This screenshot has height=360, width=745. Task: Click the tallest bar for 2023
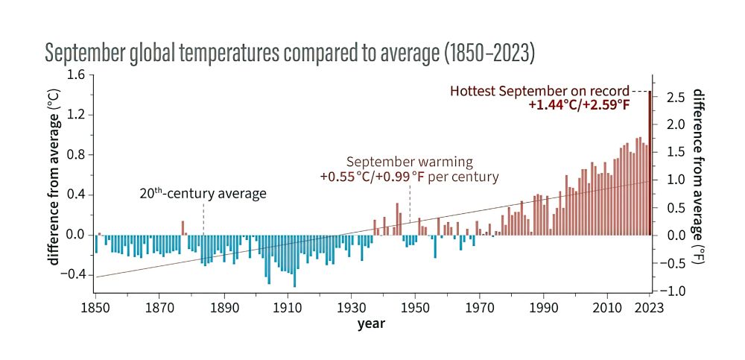coord(650,164)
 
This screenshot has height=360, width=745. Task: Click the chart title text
coord(290,53)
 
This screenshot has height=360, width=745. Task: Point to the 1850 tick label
coord(95,306)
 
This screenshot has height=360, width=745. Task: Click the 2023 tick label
coord(650,306)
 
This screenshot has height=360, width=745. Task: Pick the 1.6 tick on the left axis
coord(76,75)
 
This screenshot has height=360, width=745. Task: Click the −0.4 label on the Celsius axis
coord(73,274)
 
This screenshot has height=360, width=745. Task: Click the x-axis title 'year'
coord(370,323)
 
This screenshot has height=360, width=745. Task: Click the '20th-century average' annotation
coord(203,194)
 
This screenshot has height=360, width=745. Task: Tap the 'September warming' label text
coord(409,162)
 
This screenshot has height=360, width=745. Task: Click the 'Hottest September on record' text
coord(539,91)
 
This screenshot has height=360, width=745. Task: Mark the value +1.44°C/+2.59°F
coord(579,105)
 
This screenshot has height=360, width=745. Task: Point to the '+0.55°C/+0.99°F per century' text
coord(409,177)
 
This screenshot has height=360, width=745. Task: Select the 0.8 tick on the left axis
coord(76,155)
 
